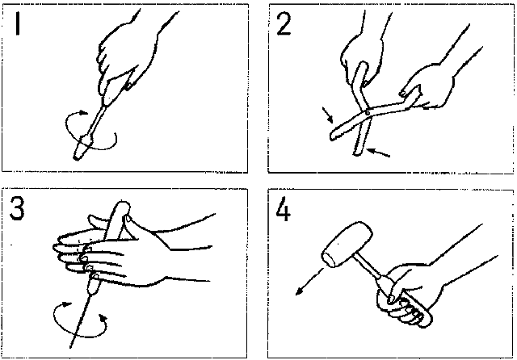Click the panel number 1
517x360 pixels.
point(18,24)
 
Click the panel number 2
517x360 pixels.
point(284,24)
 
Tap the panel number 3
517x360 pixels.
point(17,208)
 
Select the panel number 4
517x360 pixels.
point(284,210)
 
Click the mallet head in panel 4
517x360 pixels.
point(347,244)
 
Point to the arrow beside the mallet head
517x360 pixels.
point(309,282)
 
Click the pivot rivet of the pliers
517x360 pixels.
point(368,114)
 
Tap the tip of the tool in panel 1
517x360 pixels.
point(76,158)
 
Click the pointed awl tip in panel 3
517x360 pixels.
point(71,347)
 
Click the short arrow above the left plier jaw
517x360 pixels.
point(328,115)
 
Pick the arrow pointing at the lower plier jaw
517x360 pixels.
point(379,153)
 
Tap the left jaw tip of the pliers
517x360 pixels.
point(333,136)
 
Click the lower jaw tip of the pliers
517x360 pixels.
point(357,153)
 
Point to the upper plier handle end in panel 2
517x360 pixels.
point(362,65)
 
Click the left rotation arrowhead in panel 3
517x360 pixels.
point(67,304)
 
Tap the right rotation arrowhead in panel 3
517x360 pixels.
point(103,318)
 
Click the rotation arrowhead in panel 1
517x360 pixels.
point(84,113)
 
